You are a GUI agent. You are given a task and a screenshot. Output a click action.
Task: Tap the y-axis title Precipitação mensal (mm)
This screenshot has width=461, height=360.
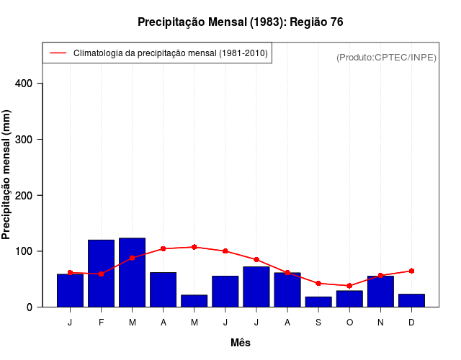tap(7, 175)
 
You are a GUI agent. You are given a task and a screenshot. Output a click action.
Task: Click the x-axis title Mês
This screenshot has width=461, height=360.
tap(241, 343)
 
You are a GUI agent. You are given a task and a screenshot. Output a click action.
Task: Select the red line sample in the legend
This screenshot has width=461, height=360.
tap(58, 53)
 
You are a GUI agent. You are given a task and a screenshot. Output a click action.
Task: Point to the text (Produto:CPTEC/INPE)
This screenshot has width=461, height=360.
tap(386, 57)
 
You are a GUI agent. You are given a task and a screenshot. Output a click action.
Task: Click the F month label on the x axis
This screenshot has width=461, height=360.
tap(102, 322)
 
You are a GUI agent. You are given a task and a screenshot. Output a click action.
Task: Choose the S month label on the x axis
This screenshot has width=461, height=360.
tap(318, 322)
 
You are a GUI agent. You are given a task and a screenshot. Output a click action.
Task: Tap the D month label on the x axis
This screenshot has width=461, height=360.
tap(411, 322)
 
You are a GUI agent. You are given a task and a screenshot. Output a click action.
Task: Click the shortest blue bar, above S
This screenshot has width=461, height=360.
tap(318, 302)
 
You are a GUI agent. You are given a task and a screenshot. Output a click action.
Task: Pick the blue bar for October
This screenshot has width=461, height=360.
tap(349, 299)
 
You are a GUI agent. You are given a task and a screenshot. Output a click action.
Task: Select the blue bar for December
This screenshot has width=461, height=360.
tap(411, 300)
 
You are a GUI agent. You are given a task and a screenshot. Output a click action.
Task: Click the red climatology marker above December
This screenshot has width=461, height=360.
tap(411, 271)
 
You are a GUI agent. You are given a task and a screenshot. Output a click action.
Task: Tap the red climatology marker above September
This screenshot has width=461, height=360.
tap(318, 284)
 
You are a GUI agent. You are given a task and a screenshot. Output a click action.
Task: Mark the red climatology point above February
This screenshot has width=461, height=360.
tap(102, 274)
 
